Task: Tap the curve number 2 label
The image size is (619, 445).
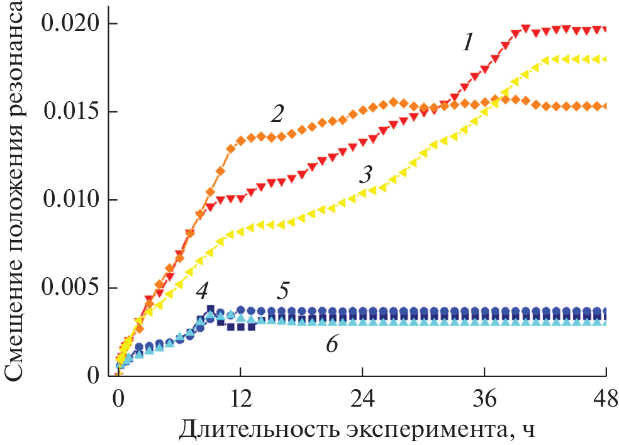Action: [x=277, y=114]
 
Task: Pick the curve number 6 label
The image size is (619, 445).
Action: [x=332, y=344]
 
